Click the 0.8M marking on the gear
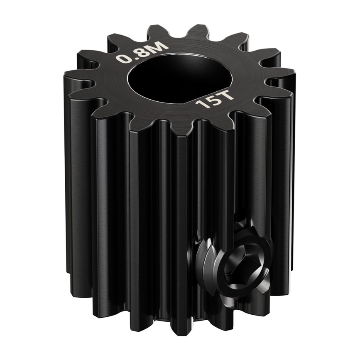click(x=142, y=51)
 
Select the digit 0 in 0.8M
click(x=122, y=59)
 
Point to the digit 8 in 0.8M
click(x=142, y=51)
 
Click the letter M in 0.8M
click(x=160, y=45)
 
